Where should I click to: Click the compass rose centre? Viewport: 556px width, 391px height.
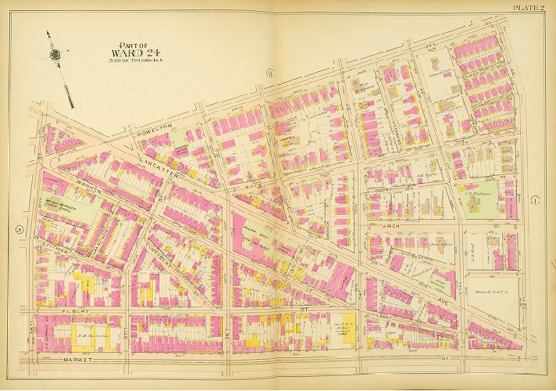click(x=55, y=55)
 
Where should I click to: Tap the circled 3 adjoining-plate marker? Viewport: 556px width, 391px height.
click(x=269, y=73)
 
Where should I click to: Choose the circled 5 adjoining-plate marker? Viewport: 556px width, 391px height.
click(x=17, y=229)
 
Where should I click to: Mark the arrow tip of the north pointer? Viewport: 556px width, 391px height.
click(x=48, y=32)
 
